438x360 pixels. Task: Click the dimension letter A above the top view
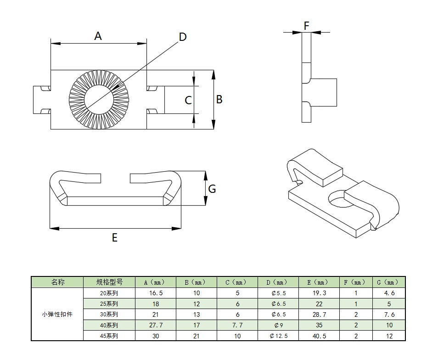point(98,36)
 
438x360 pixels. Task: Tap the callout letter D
point(182,37)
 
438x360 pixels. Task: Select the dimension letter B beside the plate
point(219,100)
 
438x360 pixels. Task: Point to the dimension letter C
point(188,100)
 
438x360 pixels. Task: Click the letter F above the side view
point(306,26)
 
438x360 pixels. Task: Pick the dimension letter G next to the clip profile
point(212,189)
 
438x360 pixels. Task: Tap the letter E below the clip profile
point(114,238)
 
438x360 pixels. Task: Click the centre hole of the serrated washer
point(99,100)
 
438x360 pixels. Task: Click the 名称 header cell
point(57,282)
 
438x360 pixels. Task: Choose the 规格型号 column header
point(109,282)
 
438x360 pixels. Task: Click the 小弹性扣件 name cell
point(57,314)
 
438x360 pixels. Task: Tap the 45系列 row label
point(109,336)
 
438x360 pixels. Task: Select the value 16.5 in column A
point(156,293)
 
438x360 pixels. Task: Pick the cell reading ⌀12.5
point(279,336)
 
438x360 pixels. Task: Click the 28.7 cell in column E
point(319,315)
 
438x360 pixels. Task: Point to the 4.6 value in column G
point(389,293)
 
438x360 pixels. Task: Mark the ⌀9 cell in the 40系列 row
point(279,325)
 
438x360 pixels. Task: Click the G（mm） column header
point(389,282)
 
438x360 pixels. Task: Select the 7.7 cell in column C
point(237,325)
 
